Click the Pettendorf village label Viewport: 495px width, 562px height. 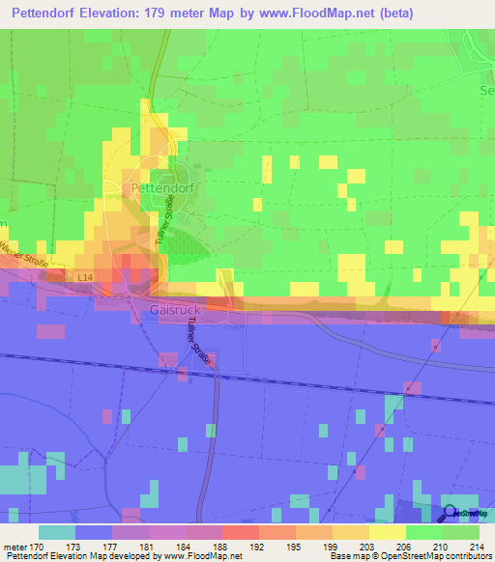(x=157, y=185)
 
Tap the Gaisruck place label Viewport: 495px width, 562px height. (x=176, y=311)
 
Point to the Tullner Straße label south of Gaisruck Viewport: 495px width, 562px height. (x=198, y=339)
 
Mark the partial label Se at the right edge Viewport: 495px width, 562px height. (x=486, y=90)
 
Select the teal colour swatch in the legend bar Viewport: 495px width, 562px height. (x=57, y=531)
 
